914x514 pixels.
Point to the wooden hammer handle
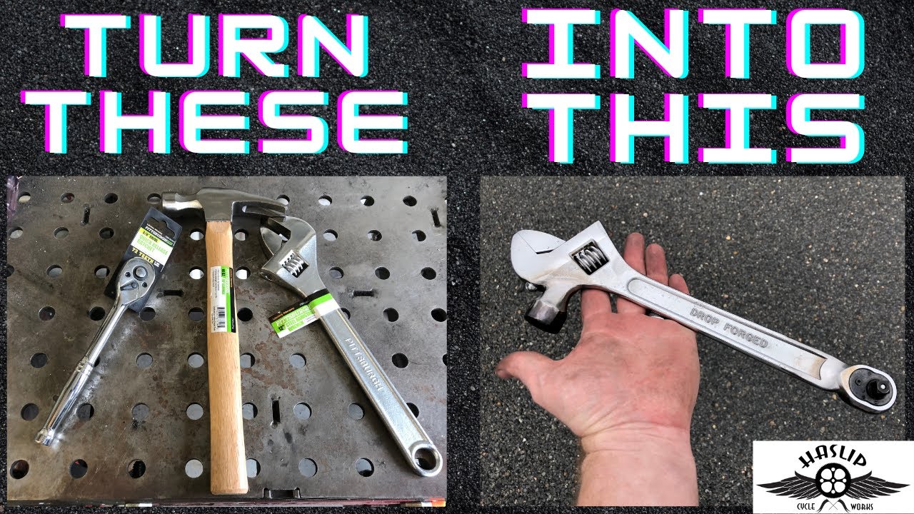[226, 371]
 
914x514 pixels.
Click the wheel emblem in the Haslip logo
[833, 486]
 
